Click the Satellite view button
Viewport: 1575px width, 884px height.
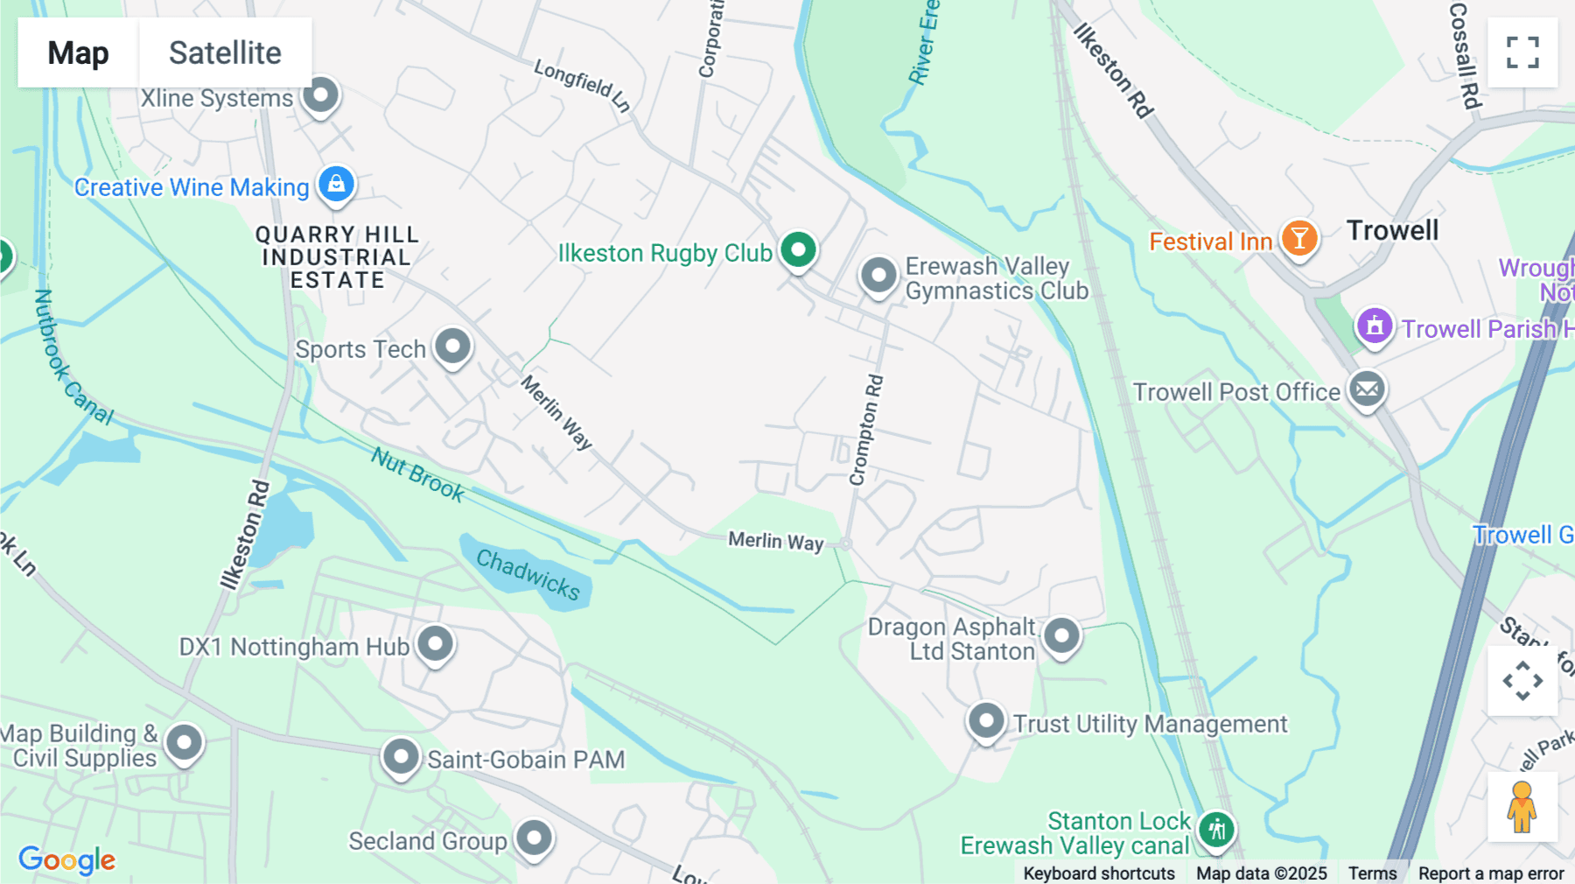coord(225,53)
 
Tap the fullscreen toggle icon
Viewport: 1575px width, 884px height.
coord(1522,53)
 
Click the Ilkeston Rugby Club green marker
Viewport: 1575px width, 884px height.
coord(798,250)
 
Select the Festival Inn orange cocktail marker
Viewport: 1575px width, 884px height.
coord(1299,238)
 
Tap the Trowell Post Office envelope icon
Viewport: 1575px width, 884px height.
coord(1367,389)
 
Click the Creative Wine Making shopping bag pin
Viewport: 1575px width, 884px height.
coord(336,185)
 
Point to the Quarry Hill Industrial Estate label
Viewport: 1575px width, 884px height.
coord(337,257)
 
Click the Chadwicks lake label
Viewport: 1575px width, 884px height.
coord(528,574)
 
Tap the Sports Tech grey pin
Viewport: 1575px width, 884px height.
coord(452,347)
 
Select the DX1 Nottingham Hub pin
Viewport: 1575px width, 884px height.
coord(435,644)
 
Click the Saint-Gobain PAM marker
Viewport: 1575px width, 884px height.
coord(401,756)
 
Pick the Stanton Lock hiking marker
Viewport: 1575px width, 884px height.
coord(1216,828)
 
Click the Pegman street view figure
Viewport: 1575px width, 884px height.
coord(1522,807)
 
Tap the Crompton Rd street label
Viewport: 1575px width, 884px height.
coord(866,430)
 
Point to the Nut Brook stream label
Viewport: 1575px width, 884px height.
coord(417,474)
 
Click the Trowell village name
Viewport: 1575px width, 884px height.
coord(1392,231)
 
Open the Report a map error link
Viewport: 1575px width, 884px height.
coord(1491,873)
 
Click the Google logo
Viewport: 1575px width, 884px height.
coord(67,859)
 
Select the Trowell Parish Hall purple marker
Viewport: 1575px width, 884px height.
coord(1374,326)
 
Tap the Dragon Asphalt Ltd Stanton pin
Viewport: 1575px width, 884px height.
coord(1061,635)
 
